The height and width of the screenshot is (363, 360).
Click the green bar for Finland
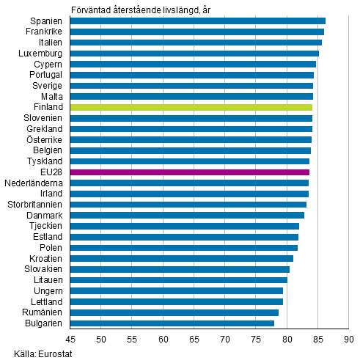(x=191, y=107)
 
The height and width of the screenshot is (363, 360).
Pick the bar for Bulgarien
(x=172, y=323)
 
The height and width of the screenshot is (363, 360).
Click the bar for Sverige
(x=191, y=85)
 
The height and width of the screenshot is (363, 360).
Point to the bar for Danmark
(x=187, y=215)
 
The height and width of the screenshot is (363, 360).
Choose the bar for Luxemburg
(x=194, y=53)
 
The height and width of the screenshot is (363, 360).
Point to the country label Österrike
(x=45, y=139)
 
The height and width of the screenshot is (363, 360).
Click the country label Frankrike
(x=44, y=32)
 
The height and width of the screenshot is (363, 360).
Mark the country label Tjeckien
(x=47, y=226)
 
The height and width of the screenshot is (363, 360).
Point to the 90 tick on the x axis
(x=349, y=339)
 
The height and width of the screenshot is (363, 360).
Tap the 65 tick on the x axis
(x=194, y=339)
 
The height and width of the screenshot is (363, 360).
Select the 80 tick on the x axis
(x=287, y=339)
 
